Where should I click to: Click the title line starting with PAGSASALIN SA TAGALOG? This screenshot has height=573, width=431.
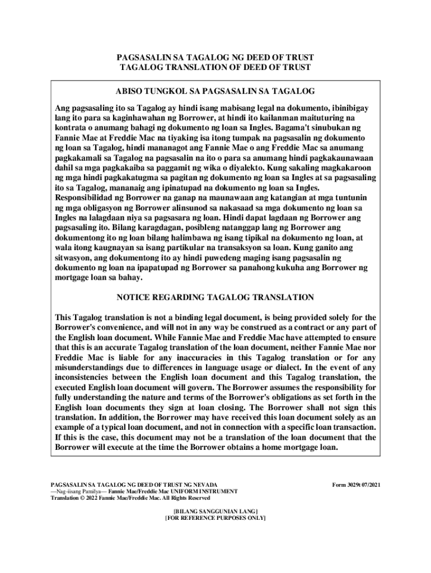[215, 58]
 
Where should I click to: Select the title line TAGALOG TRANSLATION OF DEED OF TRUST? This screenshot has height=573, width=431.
[215, 68]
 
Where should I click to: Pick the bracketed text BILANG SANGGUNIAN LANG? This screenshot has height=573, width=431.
[215, 511]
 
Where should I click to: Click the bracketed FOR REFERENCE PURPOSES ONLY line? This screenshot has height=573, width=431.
[215, 518]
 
